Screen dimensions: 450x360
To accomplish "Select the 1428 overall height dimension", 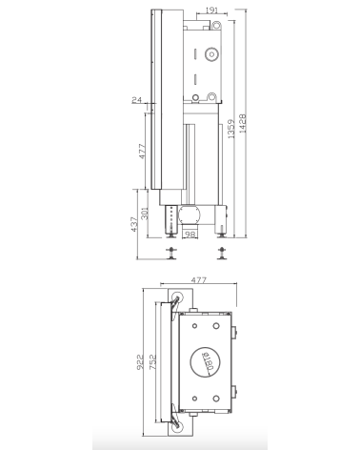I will (x=245, y=124).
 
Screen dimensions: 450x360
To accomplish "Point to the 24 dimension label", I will (x=137, y=98).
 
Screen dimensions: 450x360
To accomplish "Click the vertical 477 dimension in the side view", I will (x=142, y=153).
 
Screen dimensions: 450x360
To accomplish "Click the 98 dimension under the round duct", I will (x=190, y=235).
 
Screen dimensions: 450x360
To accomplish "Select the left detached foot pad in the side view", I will (x=172, y=253).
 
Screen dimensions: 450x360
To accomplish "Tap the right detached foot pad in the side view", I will (x=223, y=253).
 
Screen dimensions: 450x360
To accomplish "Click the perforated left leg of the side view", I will (x=172, y=219).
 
